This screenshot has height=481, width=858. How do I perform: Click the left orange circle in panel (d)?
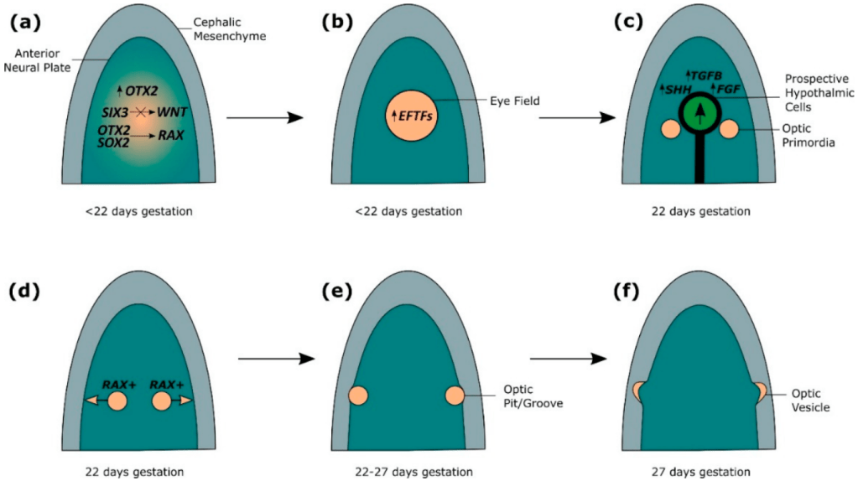coord(117,401)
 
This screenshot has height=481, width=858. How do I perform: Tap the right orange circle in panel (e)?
coord(455,396)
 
